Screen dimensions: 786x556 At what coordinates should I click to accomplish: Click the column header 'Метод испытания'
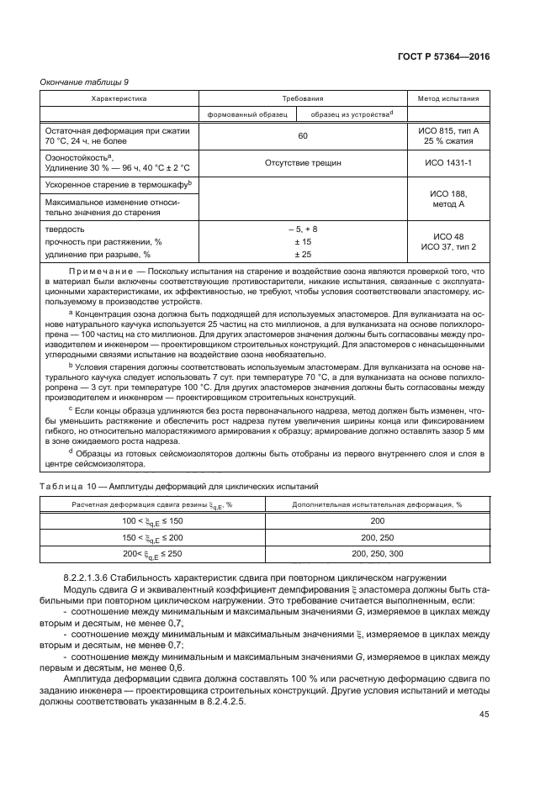(447, 98)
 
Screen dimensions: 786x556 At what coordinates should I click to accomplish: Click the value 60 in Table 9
(303, 135)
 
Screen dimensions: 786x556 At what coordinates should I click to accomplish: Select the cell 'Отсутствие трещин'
(303, 163)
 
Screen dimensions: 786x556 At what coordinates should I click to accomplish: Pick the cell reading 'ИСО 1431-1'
(447, 163)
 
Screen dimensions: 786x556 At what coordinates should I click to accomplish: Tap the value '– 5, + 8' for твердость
(303, 229)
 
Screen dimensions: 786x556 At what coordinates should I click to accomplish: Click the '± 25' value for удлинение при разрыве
(303, 254)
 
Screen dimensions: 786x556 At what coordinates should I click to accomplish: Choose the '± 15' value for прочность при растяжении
(303, 241)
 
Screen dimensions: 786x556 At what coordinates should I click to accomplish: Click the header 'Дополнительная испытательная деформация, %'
(377, 504)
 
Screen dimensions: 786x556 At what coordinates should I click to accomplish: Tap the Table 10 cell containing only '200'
(377, 521)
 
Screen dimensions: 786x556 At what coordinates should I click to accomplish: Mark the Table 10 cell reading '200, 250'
(377, 537)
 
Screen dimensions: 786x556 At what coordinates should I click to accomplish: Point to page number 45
(483, 715)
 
